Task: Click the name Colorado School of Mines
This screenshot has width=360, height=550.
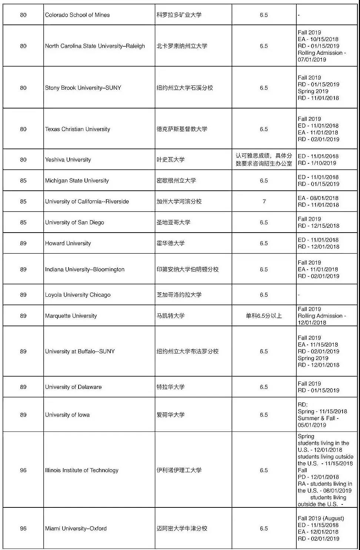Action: (77, 15)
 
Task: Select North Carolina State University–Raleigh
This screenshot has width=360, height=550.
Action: (95, 46)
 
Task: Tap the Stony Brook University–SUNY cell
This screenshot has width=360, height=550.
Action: (83, 88)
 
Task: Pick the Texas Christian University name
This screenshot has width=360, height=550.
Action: (77, 129)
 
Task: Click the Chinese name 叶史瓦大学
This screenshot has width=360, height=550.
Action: (170, 160)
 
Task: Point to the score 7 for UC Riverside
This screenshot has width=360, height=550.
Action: (264, 201)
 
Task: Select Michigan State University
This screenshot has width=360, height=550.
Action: (77, 181)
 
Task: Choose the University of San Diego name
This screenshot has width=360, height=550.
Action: (74, 222)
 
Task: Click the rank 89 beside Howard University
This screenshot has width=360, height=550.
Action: (23, 243)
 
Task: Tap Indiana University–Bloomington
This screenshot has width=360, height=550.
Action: (85, 269)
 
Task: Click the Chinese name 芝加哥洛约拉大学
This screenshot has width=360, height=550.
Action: (179, 295)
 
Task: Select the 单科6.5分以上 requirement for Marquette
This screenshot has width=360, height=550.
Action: (264, 316)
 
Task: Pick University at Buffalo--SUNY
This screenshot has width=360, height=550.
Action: (80, 351)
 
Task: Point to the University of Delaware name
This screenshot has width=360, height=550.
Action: (73, 387)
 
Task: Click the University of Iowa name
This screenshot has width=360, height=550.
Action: (67, 415)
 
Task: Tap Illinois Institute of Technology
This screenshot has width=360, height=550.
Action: (81, 470)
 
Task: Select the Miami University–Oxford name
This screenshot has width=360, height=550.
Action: (76, 529)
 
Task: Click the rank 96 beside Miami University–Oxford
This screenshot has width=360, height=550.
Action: (23, 529)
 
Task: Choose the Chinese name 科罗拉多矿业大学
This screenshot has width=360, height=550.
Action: (179, 15)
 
